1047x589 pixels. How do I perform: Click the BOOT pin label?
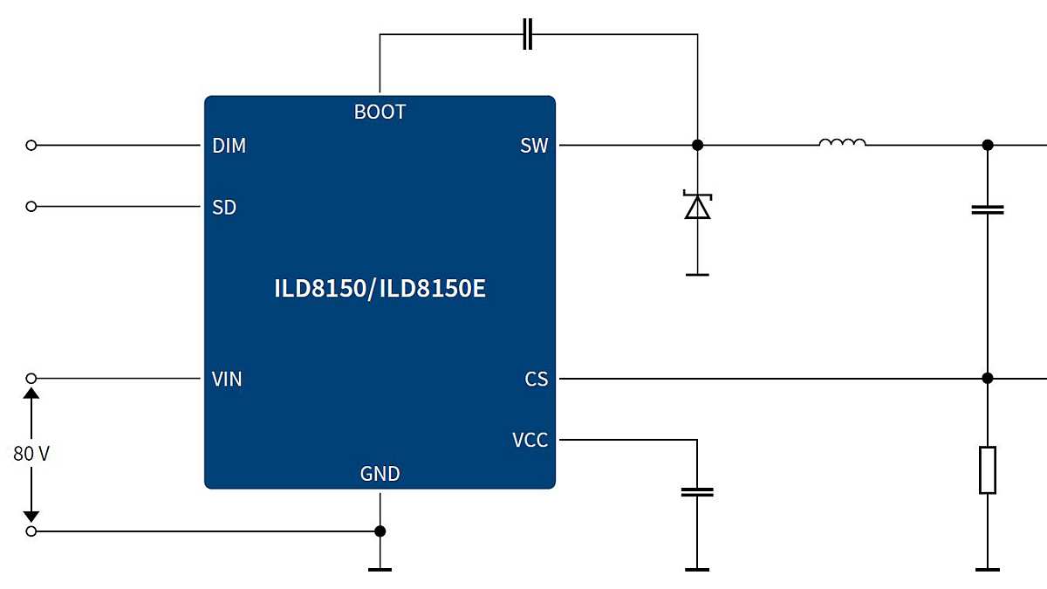point(380,113)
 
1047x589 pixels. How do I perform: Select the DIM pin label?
point(229,146)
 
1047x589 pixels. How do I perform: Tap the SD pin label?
point(224,208)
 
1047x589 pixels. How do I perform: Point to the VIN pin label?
point(227,380)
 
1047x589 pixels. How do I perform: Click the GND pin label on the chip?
point(380,474)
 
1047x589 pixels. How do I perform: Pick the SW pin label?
point(534,146)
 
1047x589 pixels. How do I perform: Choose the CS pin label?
point(536,380)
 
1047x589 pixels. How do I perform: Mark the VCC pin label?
point(530,441)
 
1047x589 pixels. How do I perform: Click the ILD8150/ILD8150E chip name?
point(380,289)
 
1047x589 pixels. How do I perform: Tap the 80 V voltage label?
point(31,454)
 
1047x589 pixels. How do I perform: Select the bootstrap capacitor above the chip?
point(527,35)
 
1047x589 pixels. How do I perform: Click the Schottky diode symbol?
point(697,206)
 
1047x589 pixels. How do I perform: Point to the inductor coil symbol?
point(842,143)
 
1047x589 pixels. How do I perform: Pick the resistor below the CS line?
point(987,470)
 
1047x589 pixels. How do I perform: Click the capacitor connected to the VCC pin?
point(697,492)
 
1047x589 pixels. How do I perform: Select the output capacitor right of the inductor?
point(987,209)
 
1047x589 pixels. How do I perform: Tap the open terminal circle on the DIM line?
point(31,145)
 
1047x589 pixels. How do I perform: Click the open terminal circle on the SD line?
point(31,207)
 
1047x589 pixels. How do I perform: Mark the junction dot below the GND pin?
point(380,531)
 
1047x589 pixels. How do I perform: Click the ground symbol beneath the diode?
point(697,274)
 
